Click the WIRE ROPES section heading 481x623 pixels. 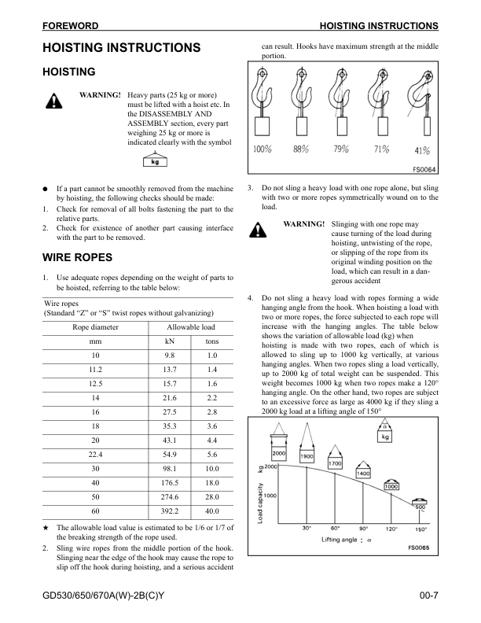coord(77,257)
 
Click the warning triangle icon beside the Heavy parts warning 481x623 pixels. coord(53,101)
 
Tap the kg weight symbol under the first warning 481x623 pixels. coord(155,162)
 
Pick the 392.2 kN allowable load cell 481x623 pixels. coord(168,509)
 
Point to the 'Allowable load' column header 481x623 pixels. coord(190,326)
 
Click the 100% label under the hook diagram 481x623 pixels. coord(263,149)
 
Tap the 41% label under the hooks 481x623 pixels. coord(421,150)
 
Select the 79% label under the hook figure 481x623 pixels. coord(341,149)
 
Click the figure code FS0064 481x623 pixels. coord(424,168)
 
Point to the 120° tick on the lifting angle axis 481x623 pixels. coord(391,529)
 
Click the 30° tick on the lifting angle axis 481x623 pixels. coord(307,529)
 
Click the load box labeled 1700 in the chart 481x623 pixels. coord(335,464)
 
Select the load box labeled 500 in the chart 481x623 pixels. coord(420,507)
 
